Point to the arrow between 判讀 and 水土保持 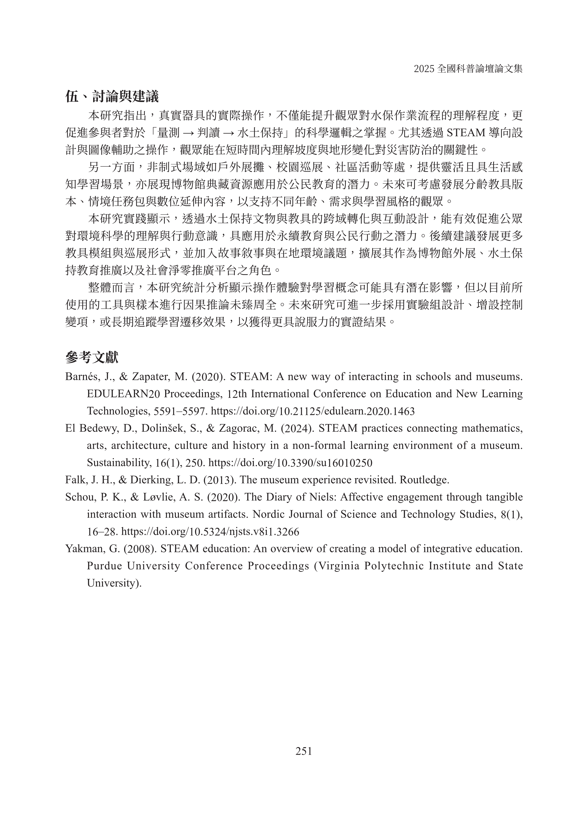tap(229, 133)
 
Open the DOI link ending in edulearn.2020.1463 tap(312, 411)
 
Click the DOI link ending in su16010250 tap(290, 463)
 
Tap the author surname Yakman tap(82, 549)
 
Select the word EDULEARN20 tap(123, 394)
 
